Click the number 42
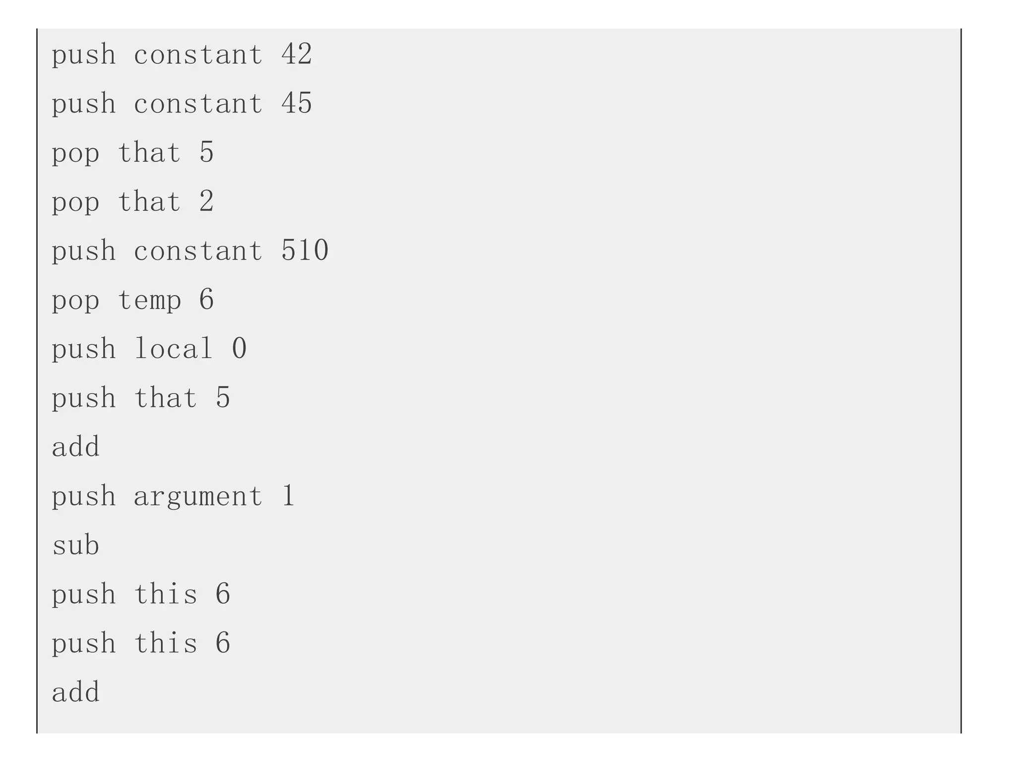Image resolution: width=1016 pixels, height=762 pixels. click(x=297, y=54)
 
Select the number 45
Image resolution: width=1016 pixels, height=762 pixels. click(x=297, y=103)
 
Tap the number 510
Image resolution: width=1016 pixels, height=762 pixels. click(x=305, y=251)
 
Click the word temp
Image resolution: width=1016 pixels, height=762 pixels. click(x=149, y=300)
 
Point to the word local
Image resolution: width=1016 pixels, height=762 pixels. click(x=174, y=349)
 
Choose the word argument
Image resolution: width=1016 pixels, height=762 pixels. click(x=198, y=496)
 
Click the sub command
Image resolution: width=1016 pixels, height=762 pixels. click(x=76, y=545)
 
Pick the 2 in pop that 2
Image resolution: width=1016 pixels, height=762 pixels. click(x=206, y=202)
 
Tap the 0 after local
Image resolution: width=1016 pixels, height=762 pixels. click(x=239, y=349)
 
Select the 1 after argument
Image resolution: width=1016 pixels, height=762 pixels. click(x=288, y=496)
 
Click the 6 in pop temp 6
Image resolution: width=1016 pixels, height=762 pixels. click(x=206, y=300)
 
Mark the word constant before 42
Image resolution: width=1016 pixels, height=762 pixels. click(x=198, y=54)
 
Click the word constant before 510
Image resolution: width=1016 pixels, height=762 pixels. click(x=198, y=251)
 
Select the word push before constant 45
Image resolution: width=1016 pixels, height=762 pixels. click(x=84, y=103)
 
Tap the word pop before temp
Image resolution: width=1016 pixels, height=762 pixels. click(x=76, y=300)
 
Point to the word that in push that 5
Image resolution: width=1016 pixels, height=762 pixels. click(x=166, y=398)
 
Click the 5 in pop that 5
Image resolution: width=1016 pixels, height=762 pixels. click(x=206, y=153)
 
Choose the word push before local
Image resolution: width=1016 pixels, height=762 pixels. click(x=84, y=349)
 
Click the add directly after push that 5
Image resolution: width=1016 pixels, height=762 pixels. click(x=76, y=447)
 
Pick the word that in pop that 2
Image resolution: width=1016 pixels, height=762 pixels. click(x=149, y=202)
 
